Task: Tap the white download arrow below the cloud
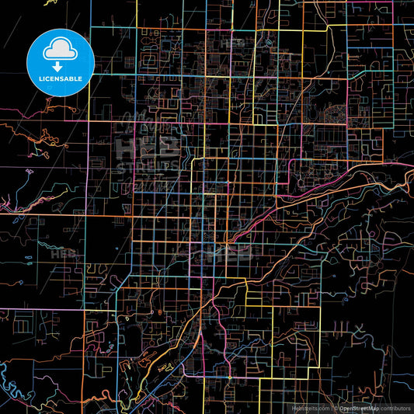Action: (x=61, y=67)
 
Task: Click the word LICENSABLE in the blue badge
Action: (x=61, y=78)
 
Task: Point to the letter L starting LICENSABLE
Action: (x=40, y=78)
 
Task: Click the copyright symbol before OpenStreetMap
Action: (x=335, y=407)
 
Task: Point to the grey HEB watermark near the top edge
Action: (x=233, y=45)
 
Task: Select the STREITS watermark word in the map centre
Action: (x=148, y=168)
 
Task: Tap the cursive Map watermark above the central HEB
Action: (x=148, y=122)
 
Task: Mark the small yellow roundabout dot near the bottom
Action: (x=230, y=377)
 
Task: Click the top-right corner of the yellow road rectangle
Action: (x=320, y=307)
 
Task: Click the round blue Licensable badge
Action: (x=61, y=61)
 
